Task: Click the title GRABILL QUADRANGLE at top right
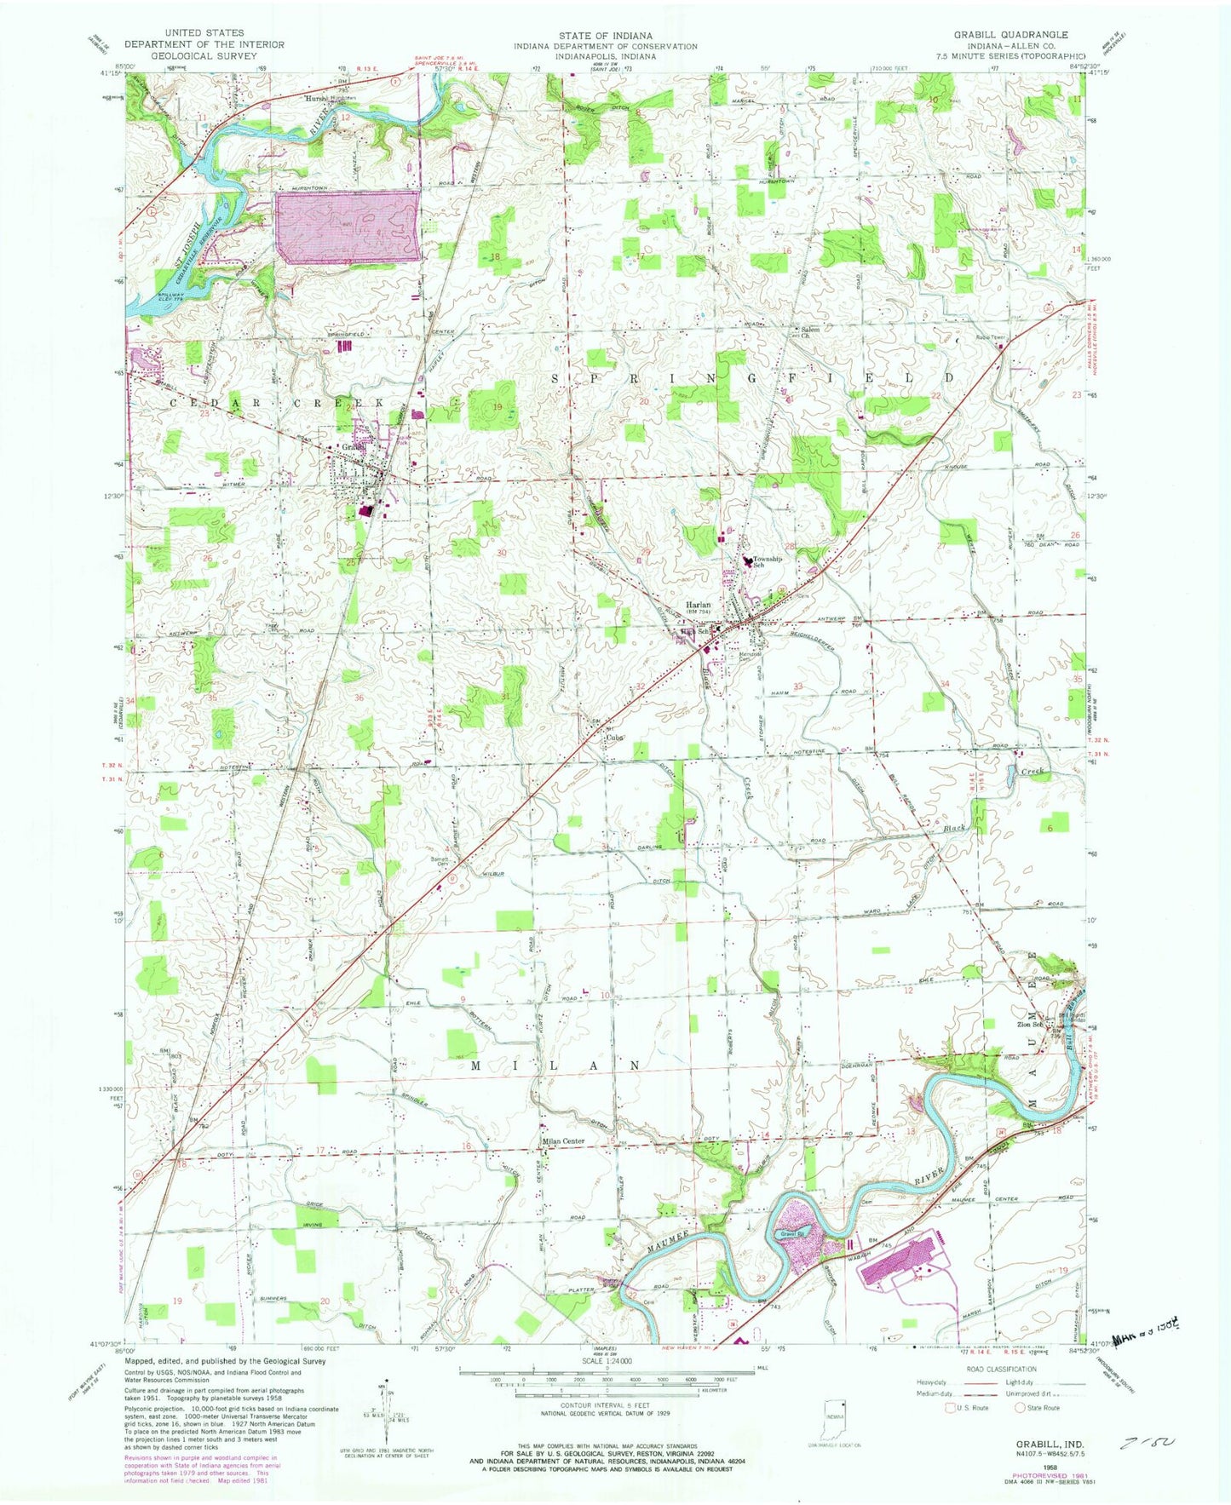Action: (1010, 34)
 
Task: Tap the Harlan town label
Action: (700, 605)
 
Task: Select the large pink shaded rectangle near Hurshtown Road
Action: (348, 227)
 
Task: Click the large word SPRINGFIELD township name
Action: (752, 377)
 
